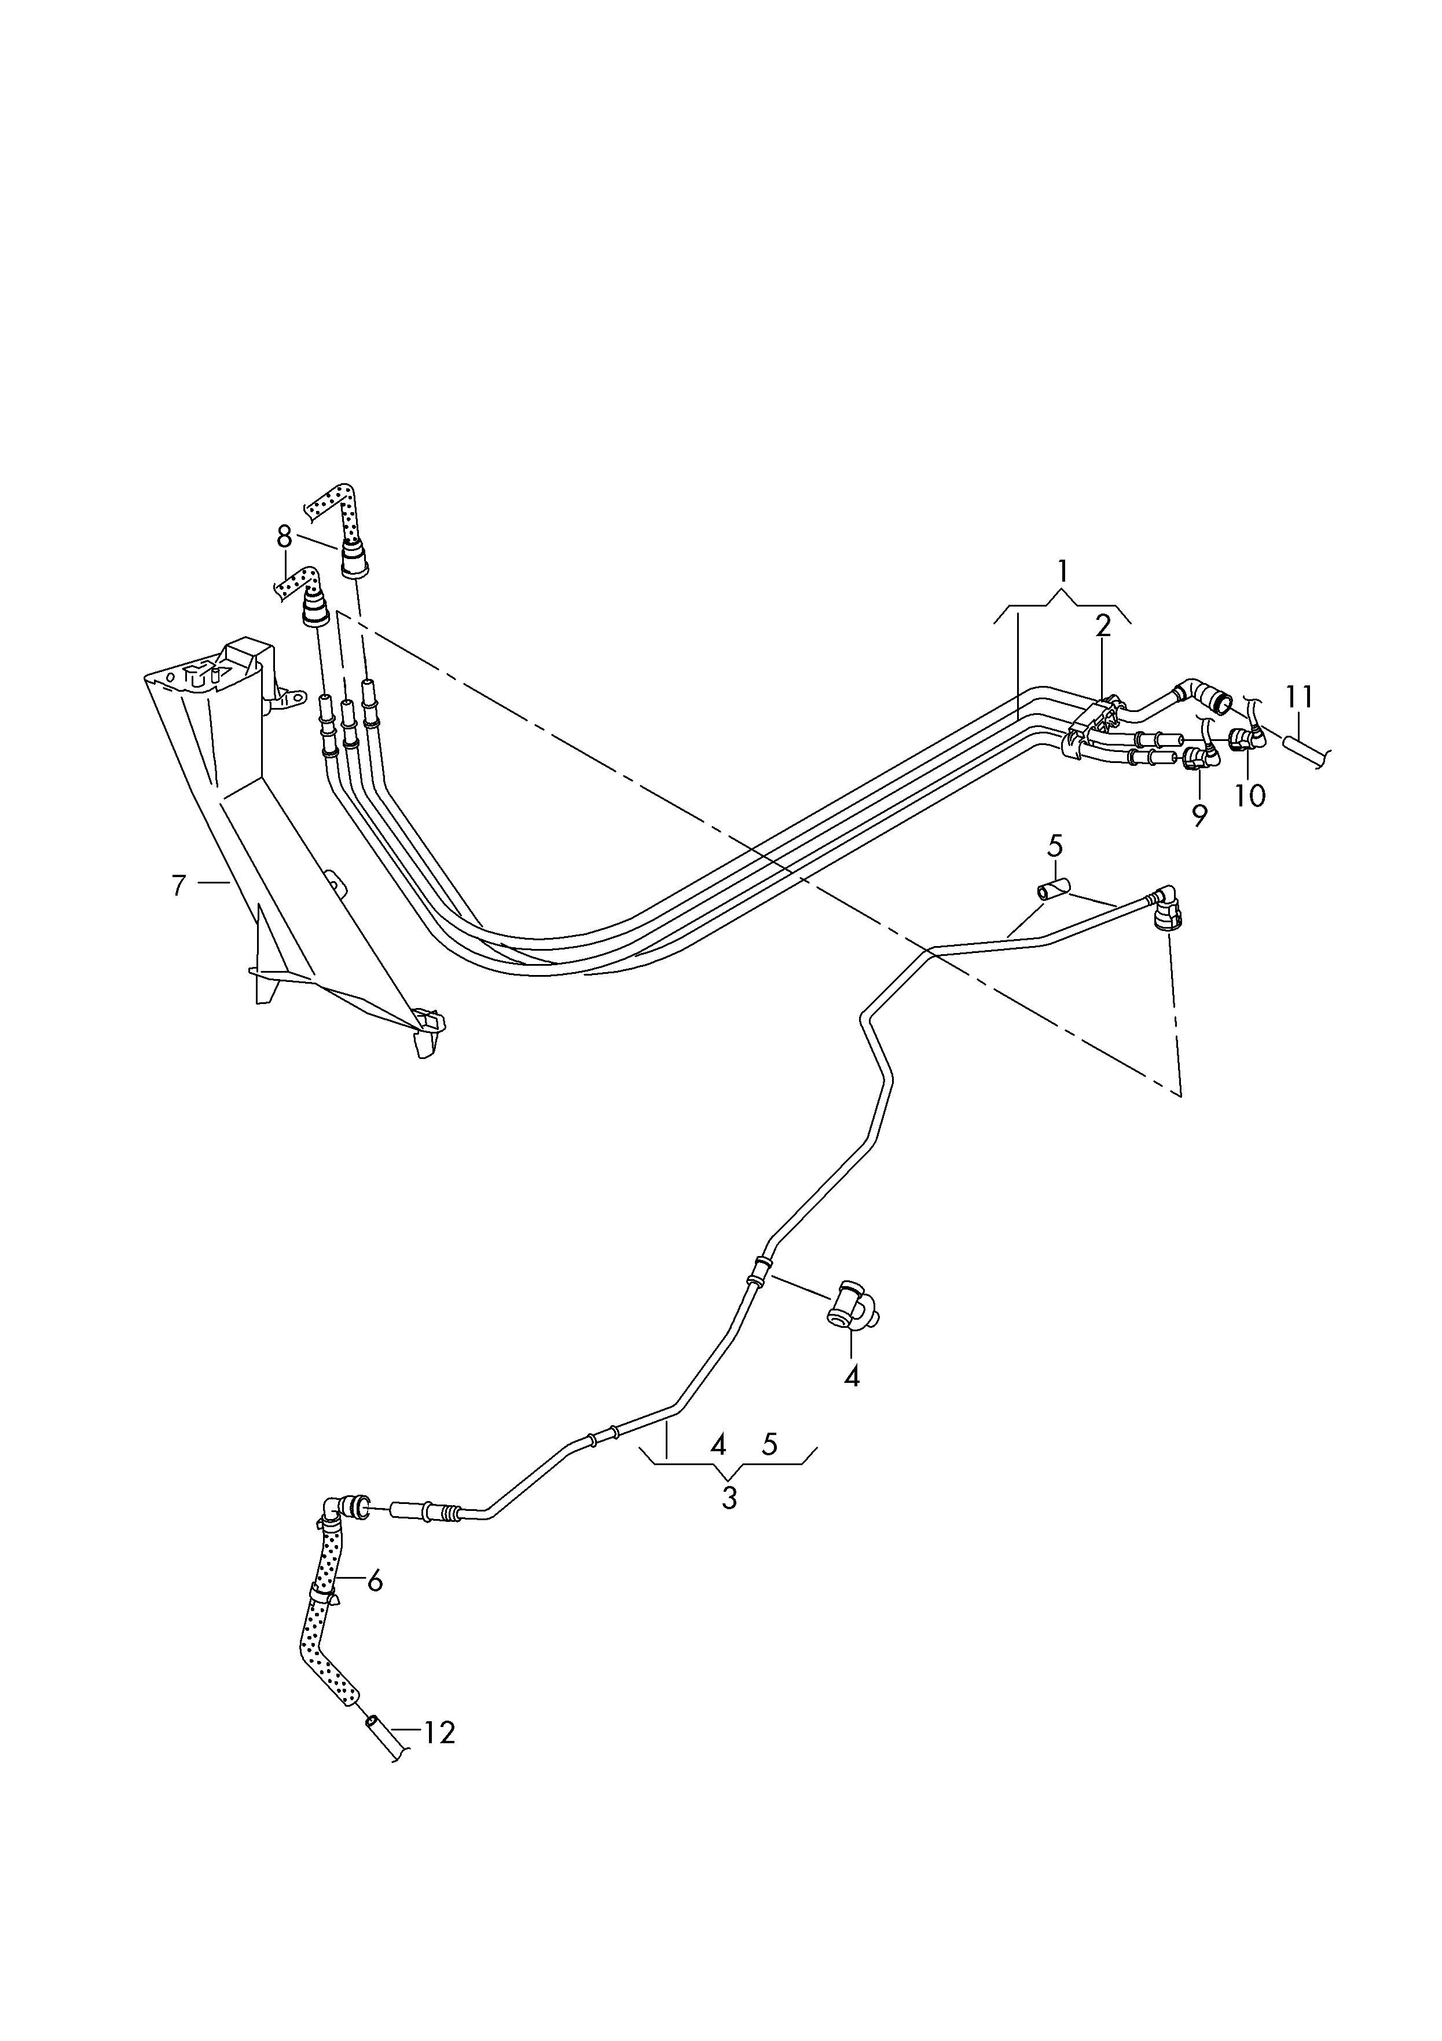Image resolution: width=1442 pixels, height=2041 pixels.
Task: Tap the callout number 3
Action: pyautogui.click(x=729, y=1498)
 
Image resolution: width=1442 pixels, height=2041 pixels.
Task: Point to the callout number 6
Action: pyautogui.click(x=375, y=1580)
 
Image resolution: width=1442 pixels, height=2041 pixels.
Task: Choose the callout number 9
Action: pyautogui.click(x=1199, y=815)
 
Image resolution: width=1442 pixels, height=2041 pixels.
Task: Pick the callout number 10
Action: pyautogui.click(x=1250, y=795)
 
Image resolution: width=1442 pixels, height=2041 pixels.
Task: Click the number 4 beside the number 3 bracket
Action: pyautogui.click(x=719, y=1444)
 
